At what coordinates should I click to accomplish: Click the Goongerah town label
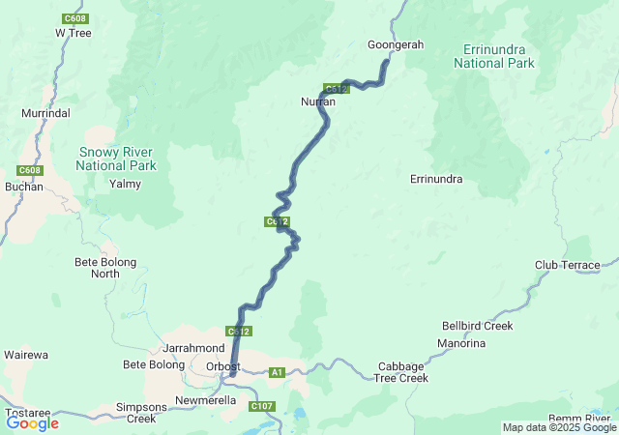tap(396, 44)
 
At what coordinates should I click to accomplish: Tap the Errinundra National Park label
tap(493, 56)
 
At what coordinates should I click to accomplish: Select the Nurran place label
tap(317, 101)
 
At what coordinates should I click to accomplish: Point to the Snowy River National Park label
tap(116, 159)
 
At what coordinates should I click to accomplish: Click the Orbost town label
tap(223, 366)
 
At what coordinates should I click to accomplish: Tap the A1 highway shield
tap(278, 372)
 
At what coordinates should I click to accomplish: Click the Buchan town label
tap(24, 187)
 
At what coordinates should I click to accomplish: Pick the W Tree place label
tap(73, 32)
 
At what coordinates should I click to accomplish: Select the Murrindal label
tap(45, 113)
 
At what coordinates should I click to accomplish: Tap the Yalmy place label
tap(126, 184)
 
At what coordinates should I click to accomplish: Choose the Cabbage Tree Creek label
tap(401, 372)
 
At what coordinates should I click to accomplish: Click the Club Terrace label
tap(568, 265)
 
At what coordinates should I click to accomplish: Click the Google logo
tap(32, 422)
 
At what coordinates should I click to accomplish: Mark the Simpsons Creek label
tap(141, 413)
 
